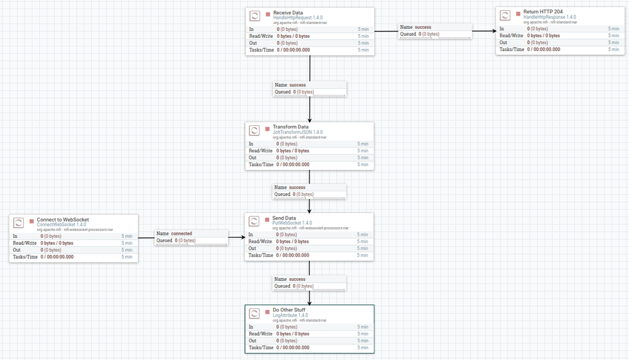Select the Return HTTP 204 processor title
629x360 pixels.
coord(542,12)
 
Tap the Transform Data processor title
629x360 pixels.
coord(290,127)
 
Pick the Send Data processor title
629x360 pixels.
coord(284,218)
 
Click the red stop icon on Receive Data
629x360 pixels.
coord(268,13)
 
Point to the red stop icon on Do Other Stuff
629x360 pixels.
coord(268,311)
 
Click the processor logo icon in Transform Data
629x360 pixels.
coord(254,130)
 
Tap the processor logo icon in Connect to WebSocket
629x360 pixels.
coord(19,223)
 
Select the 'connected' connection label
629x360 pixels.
coord(181,233)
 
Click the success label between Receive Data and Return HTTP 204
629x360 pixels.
coord(422,27)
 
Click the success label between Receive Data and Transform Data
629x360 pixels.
coord(297,84)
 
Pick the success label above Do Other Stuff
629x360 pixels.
coord(297,279)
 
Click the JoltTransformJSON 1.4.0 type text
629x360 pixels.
coord(297,133)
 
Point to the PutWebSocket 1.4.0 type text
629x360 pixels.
coord(292,223)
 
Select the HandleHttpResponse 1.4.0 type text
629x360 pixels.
coord(549,18)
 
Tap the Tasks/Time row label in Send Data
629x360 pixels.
coord(261,256)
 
